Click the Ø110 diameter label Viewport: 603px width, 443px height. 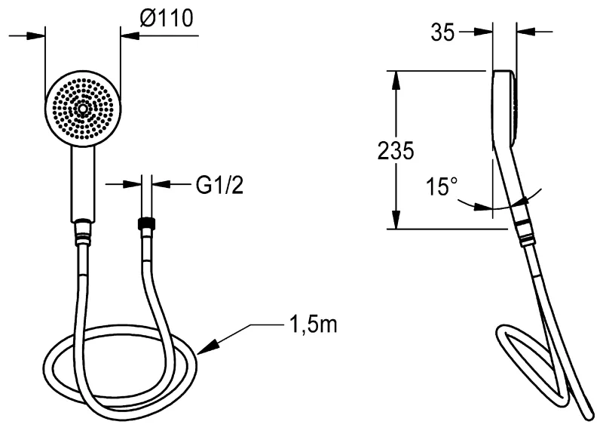point(167,18)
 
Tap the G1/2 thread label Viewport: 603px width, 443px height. point(219,185)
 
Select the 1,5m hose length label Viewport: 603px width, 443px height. point(313,325)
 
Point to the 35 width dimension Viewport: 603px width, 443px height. point(442,32)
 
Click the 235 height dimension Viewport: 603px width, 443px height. point(395,150)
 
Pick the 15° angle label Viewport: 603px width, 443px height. point(442,186)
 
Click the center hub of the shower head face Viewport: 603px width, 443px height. point(83,109)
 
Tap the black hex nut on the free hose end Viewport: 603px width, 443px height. point(146,223)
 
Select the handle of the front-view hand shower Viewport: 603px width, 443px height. point(83,183)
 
